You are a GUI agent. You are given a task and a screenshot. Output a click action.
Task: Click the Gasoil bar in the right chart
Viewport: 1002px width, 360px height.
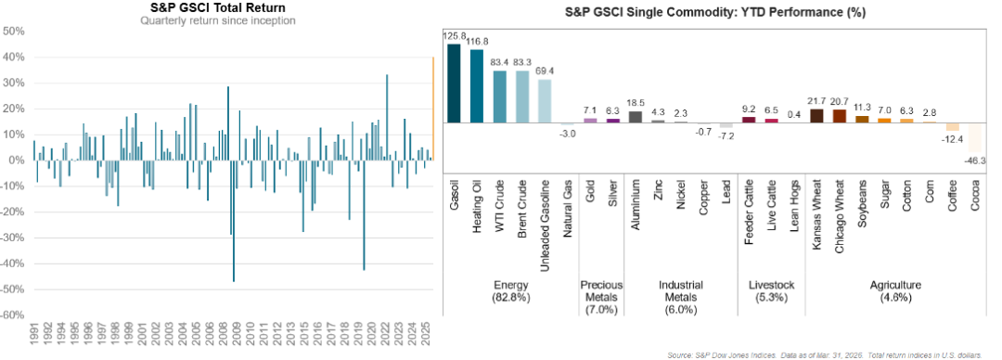coord(454,84)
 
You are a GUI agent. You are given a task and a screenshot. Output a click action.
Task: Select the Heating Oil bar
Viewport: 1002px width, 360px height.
coord(477,86)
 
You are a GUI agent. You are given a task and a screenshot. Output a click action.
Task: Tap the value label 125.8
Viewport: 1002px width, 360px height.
coord(454,37)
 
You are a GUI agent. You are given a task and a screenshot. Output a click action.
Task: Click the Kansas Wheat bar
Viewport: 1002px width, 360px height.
coord(816,116)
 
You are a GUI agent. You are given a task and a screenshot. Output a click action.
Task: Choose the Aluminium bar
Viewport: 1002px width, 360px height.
coord(636,117)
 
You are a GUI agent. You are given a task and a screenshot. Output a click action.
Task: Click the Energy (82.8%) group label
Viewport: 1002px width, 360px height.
coord(510,291)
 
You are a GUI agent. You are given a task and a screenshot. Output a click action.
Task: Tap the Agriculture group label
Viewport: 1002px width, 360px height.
coord(895,291)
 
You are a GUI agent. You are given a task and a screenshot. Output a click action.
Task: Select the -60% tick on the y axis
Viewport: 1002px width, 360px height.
coord(12,315)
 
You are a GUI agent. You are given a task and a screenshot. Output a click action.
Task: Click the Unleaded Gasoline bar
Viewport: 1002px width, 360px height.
coord(545,101)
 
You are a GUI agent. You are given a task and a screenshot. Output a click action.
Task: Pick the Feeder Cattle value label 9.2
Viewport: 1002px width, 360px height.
coord(748,109)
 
